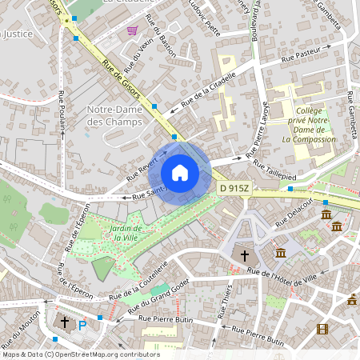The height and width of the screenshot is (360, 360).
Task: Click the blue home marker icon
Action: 180,172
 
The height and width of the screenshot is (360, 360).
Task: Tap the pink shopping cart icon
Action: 132,30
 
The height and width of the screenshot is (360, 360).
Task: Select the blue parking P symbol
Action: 82,326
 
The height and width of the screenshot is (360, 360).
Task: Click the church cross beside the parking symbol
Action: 65,322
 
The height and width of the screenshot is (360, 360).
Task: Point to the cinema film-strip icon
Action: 322,329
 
